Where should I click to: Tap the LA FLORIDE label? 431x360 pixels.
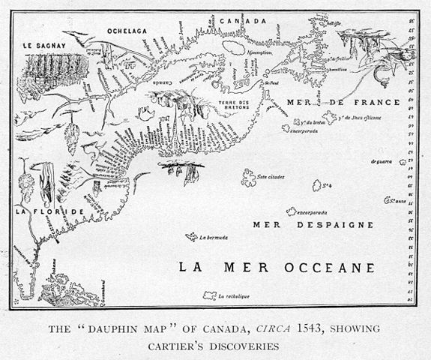34,214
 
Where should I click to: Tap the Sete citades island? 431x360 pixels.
246,178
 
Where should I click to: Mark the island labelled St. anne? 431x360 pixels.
390,200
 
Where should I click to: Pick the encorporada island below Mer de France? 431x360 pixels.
287,128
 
